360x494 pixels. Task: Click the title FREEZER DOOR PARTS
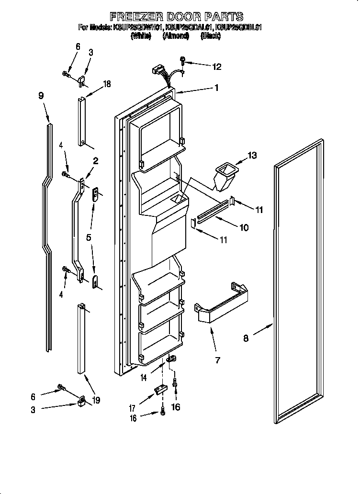point(177,17)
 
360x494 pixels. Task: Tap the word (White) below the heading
point(140,35)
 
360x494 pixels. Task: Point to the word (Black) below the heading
point(211,35)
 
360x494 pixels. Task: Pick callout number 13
point(252,155)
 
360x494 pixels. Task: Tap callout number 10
point(244,228)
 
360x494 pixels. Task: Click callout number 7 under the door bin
point(217,360)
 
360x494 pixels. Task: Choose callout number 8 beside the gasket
point(246,338)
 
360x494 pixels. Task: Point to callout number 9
point(42,95)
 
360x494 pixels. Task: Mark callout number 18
point(106,84)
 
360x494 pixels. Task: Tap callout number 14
point(144,378)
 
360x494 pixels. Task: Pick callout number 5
point(89,237)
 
